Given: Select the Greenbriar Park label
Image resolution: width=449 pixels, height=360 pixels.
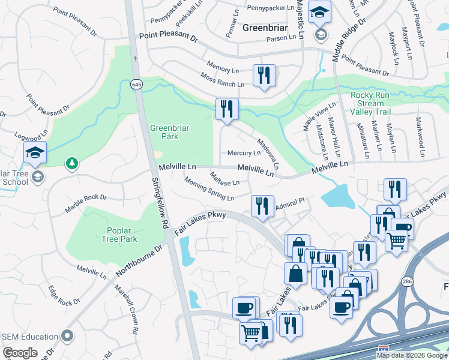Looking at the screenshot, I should pos(164,132).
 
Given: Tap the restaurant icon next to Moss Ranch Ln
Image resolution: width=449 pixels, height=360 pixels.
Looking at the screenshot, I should pos(264,76).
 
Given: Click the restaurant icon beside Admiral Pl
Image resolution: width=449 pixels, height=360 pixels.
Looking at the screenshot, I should pos(262,206).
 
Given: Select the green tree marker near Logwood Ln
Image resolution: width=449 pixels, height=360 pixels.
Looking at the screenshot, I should pos(72,163).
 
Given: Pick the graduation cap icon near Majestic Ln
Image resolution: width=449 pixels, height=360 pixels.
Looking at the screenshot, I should pos(319,12).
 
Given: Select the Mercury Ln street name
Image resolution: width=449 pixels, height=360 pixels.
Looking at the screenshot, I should pos(243,153).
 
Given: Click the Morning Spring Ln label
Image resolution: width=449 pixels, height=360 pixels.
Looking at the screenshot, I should pos(209,189).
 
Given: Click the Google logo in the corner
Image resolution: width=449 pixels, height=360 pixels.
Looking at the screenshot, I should pos(20,353).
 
